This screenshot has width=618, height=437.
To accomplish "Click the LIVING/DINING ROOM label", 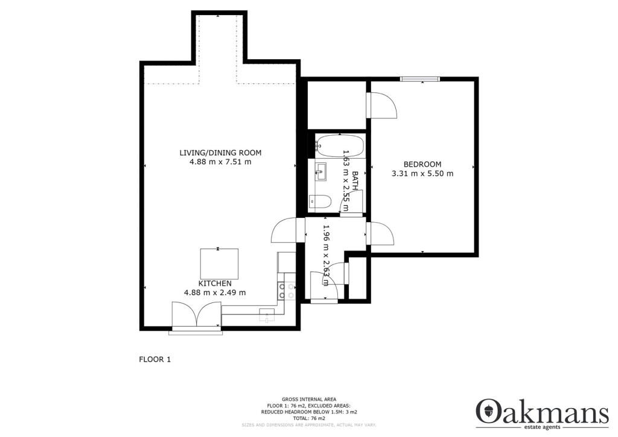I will point(220,152).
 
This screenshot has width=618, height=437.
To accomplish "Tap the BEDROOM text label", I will point(422,164).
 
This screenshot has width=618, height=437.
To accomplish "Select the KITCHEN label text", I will point(215,283).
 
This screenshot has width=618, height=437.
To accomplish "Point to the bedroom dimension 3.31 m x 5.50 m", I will point(422,174).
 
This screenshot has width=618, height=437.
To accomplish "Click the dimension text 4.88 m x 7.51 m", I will point(220,162).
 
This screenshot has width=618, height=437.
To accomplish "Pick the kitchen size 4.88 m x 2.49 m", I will point(215,293).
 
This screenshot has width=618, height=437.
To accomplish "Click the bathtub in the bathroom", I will point(340,146).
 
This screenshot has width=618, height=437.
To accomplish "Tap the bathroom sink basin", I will point(320,171).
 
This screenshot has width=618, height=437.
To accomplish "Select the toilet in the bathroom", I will point(320,201).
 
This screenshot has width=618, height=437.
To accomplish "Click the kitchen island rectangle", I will point(219,263).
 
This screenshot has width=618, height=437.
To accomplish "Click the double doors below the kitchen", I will point(196,316).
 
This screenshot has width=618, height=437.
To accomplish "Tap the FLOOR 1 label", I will point(155,359).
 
